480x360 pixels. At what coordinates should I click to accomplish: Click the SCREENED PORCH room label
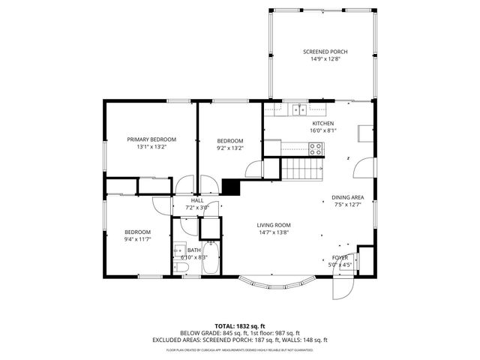[x=325, y=52]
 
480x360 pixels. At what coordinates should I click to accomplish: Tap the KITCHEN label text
[x=323, y=123]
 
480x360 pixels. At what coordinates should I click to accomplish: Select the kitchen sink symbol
[x=299, y=109]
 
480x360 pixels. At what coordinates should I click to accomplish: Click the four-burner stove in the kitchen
[x=316, y=149]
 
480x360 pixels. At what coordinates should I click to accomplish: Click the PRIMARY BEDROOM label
[x=151, y=139]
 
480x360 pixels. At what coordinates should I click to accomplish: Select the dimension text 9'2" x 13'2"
[x=230, y=148]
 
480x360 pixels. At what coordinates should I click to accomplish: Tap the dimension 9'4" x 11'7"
[x=138, y=239]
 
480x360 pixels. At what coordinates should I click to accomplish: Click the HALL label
[x=197, y=200]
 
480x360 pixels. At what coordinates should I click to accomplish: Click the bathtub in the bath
[x=211, y=259]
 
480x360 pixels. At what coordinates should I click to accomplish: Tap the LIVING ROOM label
[x=273, y=225]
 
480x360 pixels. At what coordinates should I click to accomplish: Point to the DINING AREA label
[x=347, y=197]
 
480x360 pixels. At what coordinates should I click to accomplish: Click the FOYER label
[x=340, y=257]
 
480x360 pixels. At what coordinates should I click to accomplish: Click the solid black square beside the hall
[x=230, y=187]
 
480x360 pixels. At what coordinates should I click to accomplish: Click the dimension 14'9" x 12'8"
[x=325, y=59]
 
